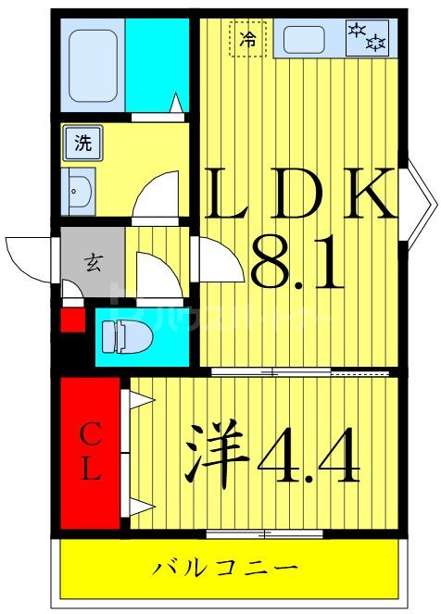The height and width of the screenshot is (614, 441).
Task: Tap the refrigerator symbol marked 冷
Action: tap(247, 39)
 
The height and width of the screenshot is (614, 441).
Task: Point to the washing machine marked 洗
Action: tap(83, 144)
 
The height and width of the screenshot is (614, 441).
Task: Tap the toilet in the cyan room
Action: tap(120, 335)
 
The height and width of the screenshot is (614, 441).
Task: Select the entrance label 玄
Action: tap(94, 260)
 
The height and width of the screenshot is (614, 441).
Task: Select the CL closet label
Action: tap(89, 451)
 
